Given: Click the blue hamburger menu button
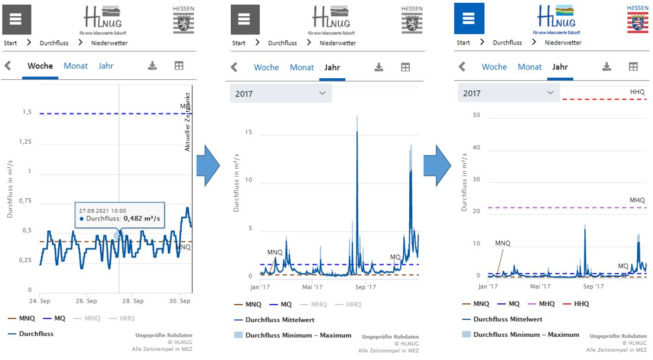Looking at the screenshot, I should point(469,19).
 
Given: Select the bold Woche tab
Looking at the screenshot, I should point(40,66).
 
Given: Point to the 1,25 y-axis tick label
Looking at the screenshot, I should point(25,142).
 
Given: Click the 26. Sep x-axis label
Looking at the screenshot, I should point(86,301).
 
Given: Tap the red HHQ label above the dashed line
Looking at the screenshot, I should point(637,92).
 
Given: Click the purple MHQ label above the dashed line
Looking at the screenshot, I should point(637,200).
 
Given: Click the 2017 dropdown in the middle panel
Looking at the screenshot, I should point(281,94).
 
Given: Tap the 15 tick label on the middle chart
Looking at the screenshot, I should point(249,132).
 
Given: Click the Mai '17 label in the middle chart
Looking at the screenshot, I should point(312,287).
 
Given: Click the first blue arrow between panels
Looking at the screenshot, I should point(207,165).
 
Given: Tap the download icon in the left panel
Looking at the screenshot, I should point(152,66).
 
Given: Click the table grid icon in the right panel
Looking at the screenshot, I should point(633,67).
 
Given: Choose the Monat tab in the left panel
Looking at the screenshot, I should point(76,66).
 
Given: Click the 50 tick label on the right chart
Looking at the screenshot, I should point(476,115).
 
